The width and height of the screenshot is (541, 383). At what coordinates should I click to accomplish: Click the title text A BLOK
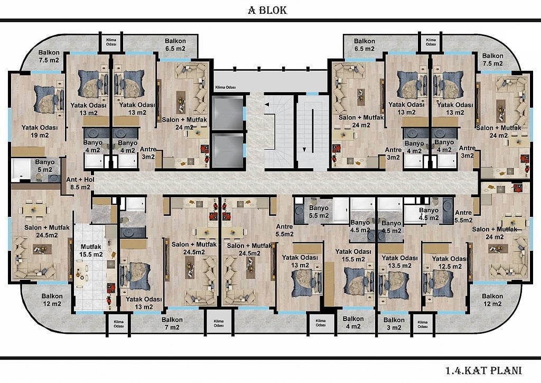(x=267, y=10)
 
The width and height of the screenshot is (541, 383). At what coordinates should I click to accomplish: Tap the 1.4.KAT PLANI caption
(x=483, y=371)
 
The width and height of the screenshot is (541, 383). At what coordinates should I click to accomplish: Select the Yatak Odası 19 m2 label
(x=40, y=131)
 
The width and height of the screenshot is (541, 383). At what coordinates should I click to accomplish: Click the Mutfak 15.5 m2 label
(x=91, y=251)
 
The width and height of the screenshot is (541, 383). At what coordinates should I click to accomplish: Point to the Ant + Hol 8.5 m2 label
(x=80, y=184)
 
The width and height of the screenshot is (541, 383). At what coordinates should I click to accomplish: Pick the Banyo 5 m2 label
(x=45, y=166)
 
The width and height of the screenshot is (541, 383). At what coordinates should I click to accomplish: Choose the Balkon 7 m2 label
(x=172, y=323)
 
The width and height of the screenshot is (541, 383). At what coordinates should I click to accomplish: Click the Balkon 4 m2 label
(x=353, y=323)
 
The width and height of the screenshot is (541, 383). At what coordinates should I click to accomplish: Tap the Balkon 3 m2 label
(x=394, y=324)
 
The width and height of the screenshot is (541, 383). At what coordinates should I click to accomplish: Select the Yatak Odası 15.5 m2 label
(x=353, y=255)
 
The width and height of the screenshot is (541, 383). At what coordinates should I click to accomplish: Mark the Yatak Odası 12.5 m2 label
(x=449, y=262)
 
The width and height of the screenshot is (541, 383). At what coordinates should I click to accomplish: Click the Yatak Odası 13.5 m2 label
(x=399, y=262)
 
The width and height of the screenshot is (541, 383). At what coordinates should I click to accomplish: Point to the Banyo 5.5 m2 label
(x=319, y=212)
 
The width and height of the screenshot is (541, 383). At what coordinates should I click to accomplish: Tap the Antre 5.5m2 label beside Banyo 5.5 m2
(x=285, y=230)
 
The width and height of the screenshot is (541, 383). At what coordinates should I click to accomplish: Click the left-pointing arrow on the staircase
(x=267, y=104)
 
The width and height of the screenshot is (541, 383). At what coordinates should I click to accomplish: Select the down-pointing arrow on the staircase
(x=304, y=150)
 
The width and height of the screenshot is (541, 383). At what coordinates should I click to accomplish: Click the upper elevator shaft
(x=228, y=114)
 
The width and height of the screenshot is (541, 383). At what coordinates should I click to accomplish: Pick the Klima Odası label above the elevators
(x=225, y=87)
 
